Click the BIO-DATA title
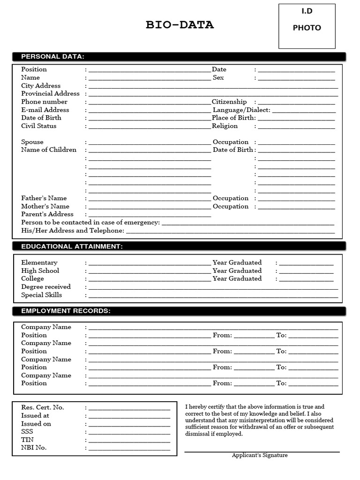pos(180,25)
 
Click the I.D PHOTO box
pos(307,26)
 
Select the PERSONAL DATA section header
pos(52,57)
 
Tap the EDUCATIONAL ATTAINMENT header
pos(72,247)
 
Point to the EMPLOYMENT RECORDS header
pos(66,311)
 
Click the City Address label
pos(41,86)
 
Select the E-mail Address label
pos(45,110)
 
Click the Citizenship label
pos(229,102)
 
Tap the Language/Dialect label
pos(241,110)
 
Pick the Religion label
pos(225,126)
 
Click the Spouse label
pos(32,142)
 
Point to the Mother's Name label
pos(45,206)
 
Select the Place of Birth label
pos(233,118)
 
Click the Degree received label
pos(46,287)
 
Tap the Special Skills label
pos(41,295)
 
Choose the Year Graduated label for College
pos(237,278)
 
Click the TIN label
pos(27,440)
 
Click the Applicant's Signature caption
pos(260,455)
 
